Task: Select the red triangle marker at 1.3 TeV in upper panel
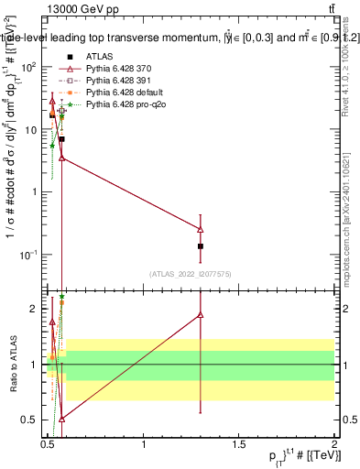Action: pos(201,229)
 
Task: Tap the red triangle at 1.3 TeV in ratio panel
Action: pos(201,315)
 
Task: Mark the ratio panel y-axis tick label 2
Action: pos(35,309)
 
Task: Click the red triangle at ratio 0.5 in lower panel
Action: pos(61,419)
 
